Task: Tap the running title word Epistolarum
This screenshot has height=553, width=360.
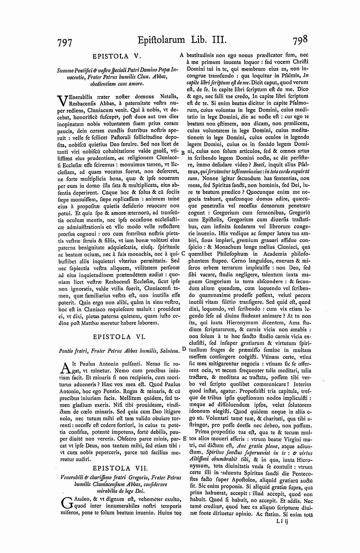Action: point(161,39)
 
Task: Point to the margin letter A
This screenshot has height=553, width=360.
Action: point(182,55)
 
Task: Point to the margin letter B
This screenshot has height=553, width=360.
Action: point(182,153)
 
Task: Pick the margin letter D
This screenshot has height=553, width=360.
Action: point(184,349)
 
